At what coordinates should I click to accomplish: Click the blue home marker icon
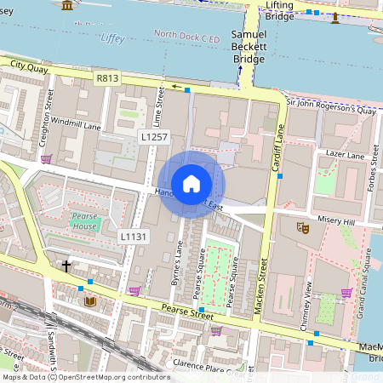[x=191, y=184]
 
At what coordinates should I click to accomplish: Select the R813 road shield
[x=107, y=78]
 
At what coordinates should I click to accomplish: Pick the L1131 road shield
[x=134, y=236]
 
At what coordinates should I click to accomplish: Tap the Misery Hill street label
[x=334, y=220]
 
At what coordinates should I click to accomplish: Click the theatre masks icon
[x=301, y=227]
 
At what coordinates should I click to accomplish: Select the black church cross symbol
[x=66, y=266]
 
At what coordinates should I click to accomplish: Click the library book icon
[x=89, y=301]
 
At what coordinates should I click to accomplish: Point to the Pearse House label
[x=83, y=221]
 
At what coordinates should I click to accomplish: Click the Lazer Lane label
[x=345, y=156]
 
